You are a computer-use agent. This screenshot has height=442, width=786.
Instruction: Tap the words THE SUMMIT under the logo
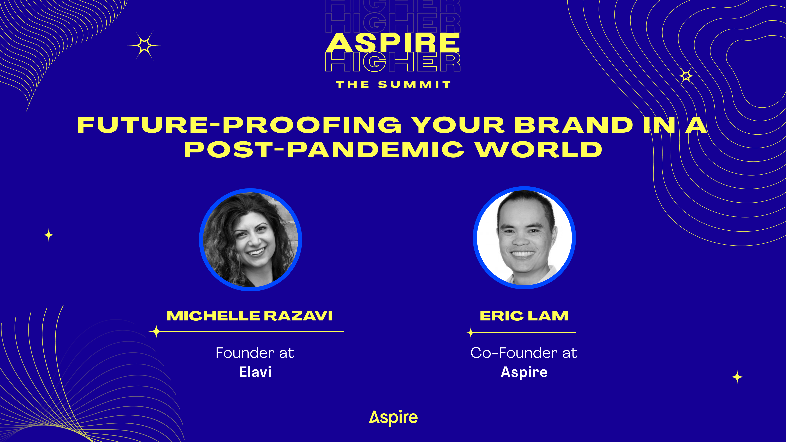tap(393, 85)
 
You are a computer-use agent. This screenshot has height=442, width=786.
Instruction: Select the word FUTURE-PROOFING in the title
tap(239, 125)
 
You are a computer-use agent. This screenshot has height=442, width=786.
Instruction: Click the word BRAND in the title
tap(574, 125)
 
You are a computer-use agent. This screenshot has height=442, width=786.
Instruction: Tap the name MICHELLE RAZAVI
tap(250, 316)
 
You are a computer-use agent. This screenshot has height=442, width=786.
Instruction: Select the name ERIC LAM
tap(524, 316)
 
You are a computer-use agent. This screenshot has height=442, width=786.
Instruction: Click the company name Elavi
tap(255, 372)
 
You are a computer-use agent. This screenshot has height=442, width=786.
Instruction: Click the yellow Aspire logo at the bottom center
tap(393, 418)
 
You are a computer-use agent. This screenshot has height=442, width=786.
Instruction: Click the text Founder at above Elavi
tap(255, 353)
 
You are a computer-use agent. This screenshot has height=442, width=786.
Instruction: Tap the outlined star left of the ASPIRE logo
tap(144, 46)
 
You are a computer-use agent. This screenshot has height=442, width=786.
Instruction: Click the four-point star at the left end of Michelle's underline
tap(156, 331)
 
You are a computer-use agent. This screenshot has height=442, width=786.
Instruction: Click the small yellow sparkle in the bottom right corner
tap(737, 377)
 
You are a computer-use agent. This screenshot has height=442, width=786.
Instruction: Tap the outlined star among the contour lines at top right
tap(686, 76)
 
